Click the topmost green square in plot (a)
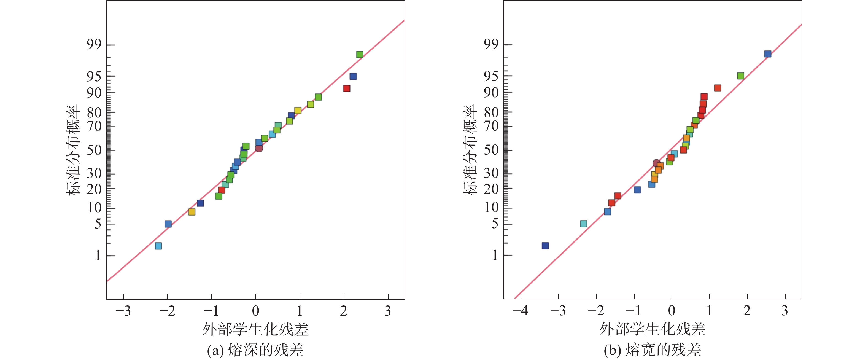click(360, 55)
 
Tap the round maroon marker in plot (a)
click(259, 148)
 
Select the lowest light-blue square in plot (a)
click(158, 246)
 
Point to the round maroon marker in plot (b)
click(656, 163)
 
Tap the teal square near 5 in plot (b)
click(584, 224)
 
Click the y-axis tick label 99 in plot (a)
click(94, 44)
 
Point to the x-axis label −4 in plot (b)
click(520, 310)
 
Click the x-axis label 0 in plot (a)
click(256, 310)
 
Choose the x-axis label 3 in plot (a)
click(388, 310)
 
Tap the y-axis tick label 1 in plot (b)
click(495, 256)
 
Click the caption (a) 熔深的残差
click(255, 350)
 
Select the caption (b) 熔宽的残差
click(652, 350)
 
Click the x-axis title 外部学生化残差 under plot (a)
click(255, 329)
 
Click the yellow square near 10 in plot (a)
click(192, 212)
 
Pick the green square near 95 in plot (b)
click(741, 76)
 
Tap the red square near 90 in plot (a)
click(346, 88)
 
